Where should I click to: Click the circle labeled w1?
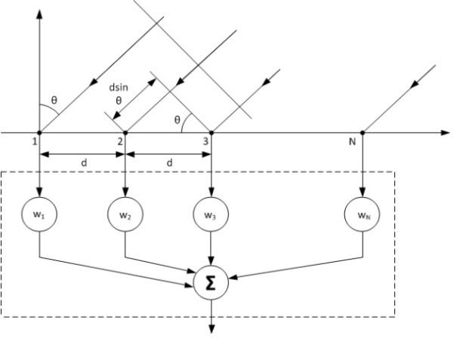(x=39, y=214)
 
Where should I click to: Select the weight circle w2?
(x=125, y=214)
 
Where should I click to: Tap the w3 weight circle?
(x=211, y=214)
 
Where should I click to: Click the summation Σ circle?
(x=211, y=282)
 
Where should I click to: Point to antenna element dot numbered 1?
(x=39, y=133)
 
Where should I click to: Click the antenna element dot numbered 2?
(x=125, y=133)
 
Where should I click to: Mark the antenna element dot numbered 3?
(x=211, y=133)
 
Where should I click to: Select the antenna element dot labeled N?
(x=363, y=133)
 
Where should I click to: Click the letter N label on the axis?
(x=352, y=140)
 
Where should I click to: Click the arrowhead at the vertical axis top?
(x=39, y=17)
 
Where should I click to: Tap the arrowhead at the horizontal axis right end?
(x=446, y=133)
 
